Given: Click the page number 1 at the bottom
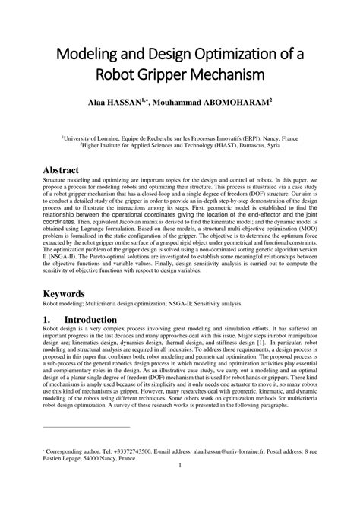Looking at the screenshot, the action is click(x=180, y=486).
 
